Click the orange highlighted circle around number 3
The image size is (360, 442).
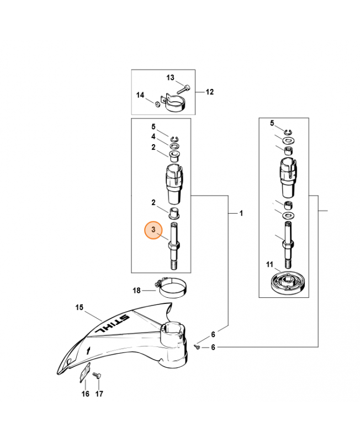(x=153, y=230)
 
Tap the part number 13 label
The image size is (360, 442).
(x=170, y=77)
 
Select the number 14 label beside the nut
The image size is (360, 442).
(x=140, y=95)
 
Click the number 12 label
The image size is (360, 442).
(x=210, y=92)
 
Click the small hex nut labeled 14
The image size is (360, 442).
(x=157, y=104)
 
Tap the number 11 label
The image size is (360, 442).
(x=269, y=265)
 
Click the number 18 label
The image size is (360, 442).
(x=136, y=291)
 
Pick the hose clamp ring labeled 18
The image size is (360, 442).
(x=172, y=288)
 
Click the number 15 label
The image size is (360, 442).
(x=80, y=307)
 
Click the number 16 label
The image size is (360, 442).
(x=86, y=393)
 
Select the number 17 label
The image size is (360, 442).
(x=99, y=393)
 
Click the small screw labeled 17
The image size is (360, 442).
(x=97, y=376)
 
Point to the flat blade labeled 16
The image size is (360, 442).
(x=84, y=372)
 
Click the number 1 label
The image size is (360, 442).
(x=241, y=213)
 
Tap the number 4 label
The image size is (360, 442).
(x=153, y=136)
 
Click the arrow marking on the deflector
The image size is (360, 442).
(x=88, y=351)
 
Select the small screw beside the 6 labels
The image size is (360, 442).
(x=197, y=347)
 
